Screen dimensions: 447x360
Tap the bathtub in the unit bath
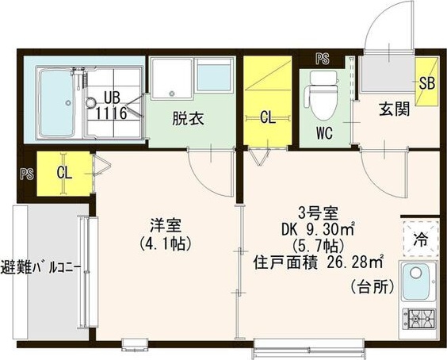pyautogui.click(x=55, y=103)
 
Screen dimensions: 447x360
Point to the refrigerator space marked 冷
pyautogui.click(x=421, y=239)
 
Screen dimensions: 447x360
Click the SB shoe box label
pyautogui.click(x=426, y=83)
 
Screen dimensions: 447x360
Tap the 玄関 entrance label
pyautogui.click(x=394, y=109)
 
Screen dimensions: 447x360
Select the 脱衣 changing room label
pyautogui.click(x=188, y=118)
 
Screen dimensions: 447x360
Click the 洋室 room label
pyautogui.click(x=166, y=225)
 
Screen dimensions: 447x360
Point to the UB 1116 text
pyautogui.click(x=112, y=105)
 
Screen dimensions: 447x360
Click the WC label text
pyautogui.click(x=324, y=132)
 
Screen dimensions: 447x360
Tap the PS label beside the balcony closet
pyautogui.click(x=27, y=174)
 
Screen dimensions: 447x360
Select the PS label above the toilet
pyautogui.click(x=323, y=59)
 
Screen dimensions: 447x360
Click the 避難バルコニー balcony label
pyautogui.click(x=41, y=269)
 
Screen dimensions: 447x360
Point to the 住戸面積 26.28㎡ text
pyautogui.click(x=318, y=263)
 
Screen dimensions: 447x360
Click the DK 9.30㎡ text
pyautogui.click(x=318, y=229)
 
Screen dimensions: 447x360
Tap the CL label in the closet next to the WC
pyautogui.click(x=268, y=117)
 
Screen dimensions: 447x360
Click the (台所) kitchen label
pyautogui.click(x=372, y=287)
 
